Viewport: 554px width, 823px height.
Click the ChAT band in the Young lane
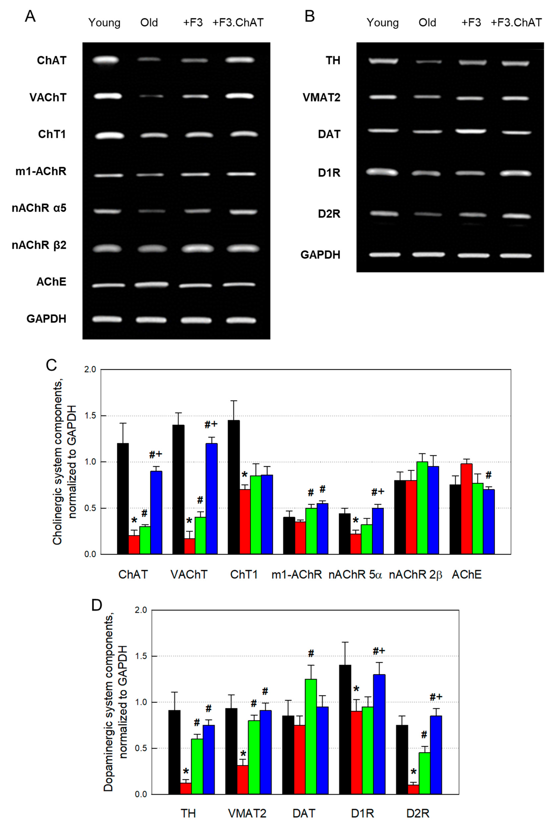point(106,60)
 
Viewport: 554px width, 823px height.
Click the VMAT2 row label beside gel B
point(322,97)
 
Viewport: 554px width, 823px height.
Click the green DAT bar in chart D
point(311,736)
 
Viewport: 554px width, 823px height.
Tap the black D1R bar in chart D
point(345,730)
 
